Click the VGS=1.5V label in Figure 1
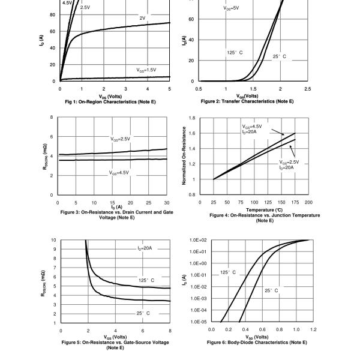pos(146,70)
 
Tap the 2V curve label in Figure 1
pos(142,18)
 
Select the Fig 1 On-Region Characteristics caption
pos(114,101)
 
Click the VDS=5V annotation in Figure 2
pos(232,8)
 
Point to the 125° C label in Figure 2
pos(235,53)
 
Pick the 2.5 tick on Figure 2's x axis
pos(307,89)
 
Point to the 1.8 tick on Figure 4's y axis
pos(191,118)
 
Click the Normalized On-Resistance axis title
pos(184,157)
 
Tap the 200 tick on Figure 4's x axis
pos(308,203)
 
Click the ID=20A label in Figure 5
pos(144,248)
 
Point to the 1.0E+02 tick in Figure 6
pos(197,240)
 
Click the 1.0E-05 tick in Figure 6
pos(197,322)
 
